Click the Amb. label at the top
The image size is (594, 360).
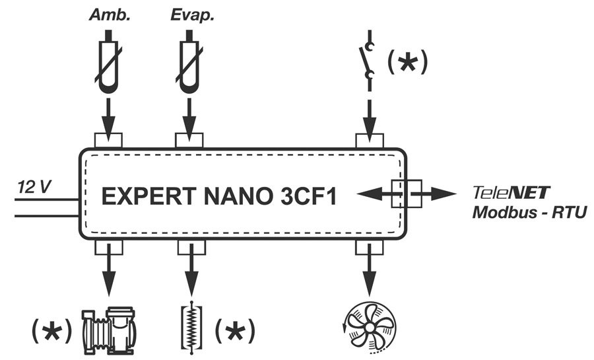109,14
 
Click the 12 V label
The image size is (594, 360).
33,188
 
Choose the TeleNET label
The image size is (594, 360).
512,194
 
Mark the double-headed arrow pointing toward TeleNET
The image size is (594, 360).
406,194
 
